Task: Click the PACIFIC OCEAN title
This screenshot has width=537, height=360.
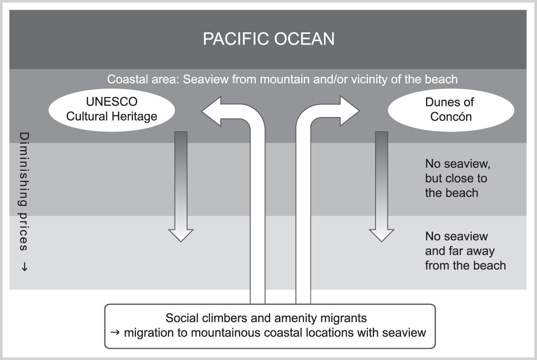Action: coord(268,39)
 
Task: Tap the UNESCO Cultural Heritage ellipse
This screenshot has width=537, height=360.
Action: coord(112,110)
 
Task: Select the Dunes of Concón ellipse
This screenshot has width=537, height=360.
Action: coord(451,110)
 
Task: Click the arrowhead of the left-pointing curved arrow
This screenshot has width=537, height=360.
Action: coord(211,111)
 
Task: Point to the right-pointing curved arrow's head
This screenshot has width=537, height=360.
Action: coord(350,111)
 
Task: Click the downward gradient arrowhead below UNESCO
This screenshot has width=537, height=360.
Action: coord(181,235)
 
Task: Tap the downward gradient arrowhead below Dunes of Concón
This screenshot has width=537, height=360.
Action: coord(381,235)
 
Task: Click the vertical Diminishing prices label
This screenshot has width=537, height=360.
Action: coord(24,191)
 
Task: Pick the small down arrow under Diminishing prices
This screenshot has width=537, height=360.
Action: coord(24,267)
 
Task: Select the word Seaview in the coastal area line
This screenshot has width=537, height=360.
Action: coord(206,79)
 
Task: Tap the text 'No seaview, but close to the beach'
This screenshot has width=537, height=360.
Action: coord(458,178)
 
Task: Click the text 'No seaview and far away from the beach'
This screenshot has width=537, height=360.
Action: coord(465,251)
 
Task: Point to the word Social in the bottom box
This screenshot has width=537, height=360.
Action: coord(182,318)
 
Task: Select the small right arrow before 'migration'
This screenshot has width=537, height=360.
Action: coord(115,332)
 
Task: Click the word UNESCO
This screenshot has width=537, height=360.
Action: coord(112,102)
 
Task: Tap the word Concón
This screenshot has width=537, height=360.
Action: coord(451,117)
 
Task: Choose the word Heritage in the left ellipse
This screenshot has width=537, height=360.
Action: coord(134,117)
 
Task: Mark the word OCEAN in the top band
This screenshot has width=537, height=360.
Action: coord(304,39)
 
